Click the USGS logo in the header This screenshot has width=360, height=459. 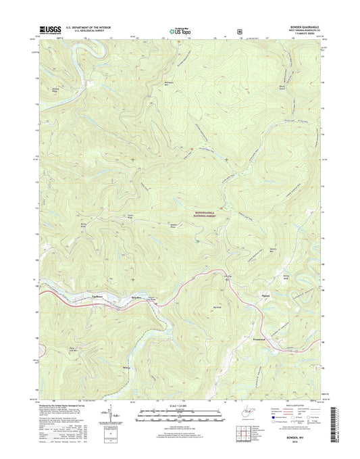(x=51, y=30)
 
